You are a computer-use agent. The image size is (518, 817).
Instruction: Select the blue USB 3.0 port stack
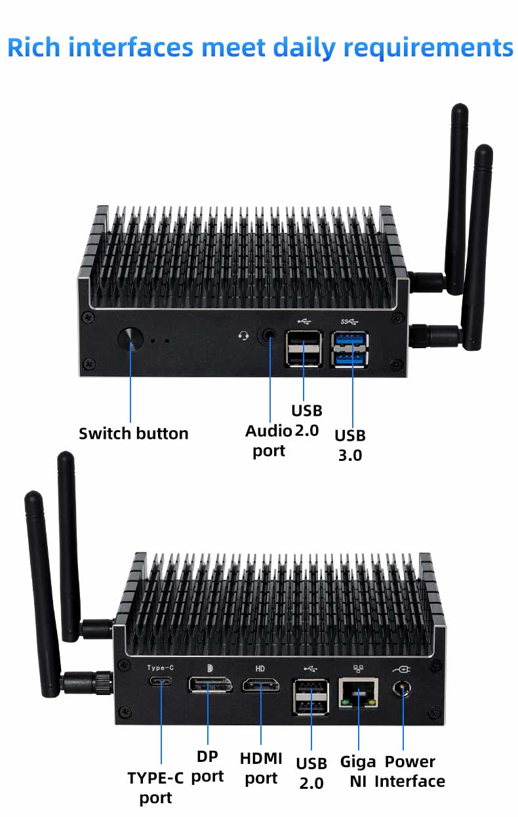pos(349,349)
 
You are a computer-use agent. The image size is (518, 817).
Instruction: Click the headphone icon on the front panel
pos(243,335)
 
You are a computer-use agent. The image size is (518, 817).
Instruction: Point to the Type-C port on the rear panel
pos(161,681)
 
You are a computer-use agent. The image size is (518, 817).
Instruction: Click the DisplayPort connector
pos(210,685)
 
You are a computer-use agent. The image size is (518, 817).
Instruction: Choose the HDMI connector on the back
pos(261,685)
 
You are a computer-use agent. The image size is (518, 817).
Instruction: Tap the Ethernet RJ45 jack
pos(358,693)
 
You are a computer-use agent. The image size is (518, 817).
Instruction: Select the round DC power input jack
pos(402,689)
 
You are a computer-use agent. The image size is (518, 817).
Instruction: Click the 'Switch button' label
pos(134,433)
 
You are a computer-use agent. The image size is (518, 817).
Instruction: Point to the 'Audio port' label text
pos(269,441)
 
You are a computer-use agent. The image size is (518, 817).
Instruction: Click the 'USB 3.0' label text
pos(350,445)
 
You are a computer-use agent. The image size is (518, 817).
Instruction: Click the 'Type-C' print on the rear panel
pos(161,668)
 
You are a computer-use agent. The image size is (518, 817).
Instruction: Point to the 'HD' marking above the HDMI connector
pos(260,668)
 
